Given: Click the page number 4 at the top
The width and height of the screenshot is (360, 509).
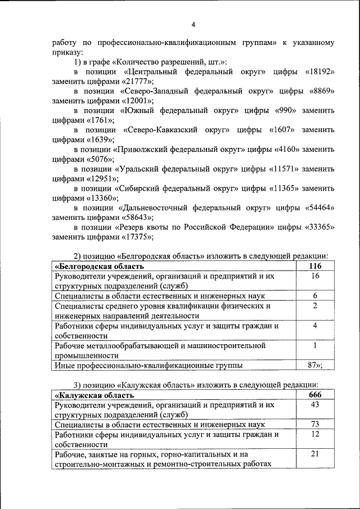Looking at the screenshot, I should pyautogui.click(x=193, y=24).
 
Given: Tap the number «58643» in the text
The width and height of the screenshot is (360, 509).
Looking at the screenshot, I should pyautogui.click(x=137, y=217).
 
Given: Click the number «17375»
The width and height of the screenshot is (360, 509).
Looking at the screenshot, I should pyautogui.click(x=137, y=236).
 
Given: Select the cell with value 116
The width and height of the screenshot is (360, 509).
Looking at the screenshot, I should pyautogui.click(x=315, y=266).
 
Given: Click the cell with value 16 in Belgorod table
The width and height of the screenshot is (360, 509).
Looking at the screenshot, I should pyautogui.click(x=315, y=276).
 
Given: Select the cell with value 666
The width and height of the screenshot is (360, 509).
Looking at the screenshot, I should pyautogui.click(x=315, y=394).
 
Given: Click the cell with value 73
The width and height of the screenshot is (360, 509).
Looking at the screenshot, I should pyautogui.click(x=315, y=425).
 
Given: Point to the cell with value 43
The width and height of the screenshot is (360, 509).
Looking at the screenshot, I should pyautogui.click(x=315, y=404).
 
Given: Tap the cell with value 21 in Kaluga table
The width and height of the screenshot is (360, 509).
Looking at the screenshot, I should pyautogui.click(x=315, y=454).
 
